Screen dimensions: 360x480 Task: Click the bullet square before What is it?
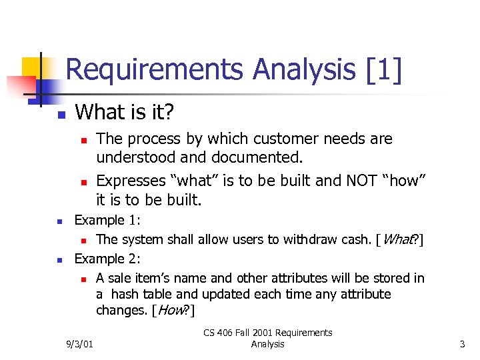(x=59, y=115)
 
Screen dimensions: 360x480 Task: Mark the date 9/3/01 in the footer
(x=80, y=345)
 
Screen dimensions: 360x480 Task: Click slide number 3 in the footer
(x=461, y=345)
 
